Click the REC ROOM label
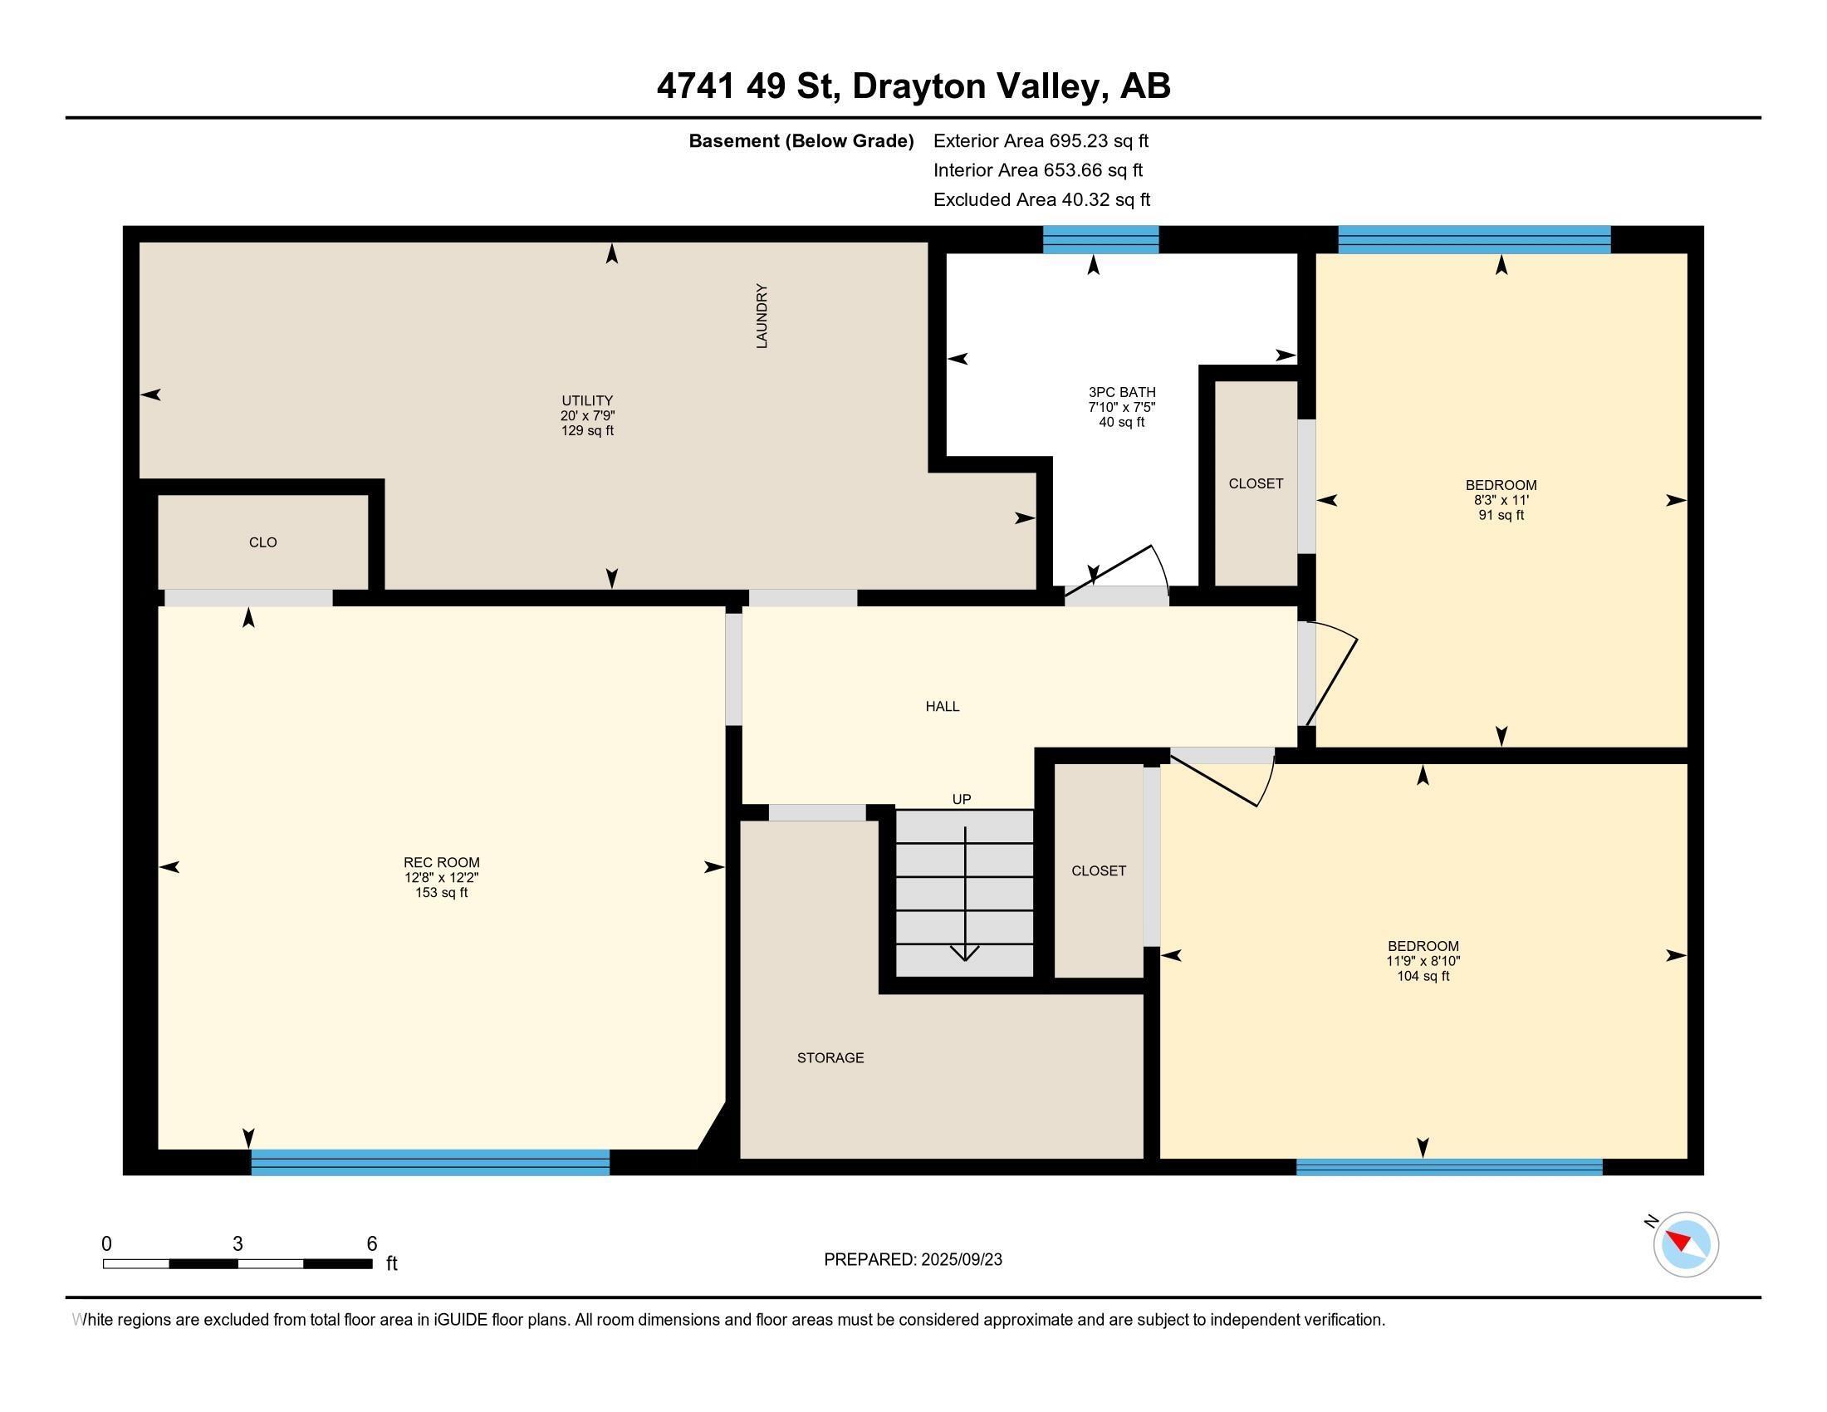point(441,862)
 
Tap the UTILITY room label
point(586,400)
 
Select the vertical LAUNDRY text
point(762,316)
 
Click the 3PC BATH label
point(1121,392)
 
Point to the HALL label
point(942,707)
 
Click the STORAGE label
point(830,1058)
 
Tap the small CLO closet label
point(262,543)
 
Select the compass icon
point(1685,1245)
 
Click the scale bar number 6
point(371,1244)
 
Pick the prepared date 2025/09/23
point(960,1260)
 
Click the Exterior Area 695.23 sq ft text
point(1041,141)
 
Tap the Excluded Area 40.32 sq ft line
point(1041,200)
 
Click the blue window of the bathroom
point(1100,240)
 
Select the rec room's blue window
point(430,1163)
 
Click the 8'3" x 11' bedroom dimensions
point(1501,500)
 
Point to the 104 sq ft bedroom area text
point(1422,976)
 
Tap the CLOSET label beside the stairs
point(1099,870)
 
